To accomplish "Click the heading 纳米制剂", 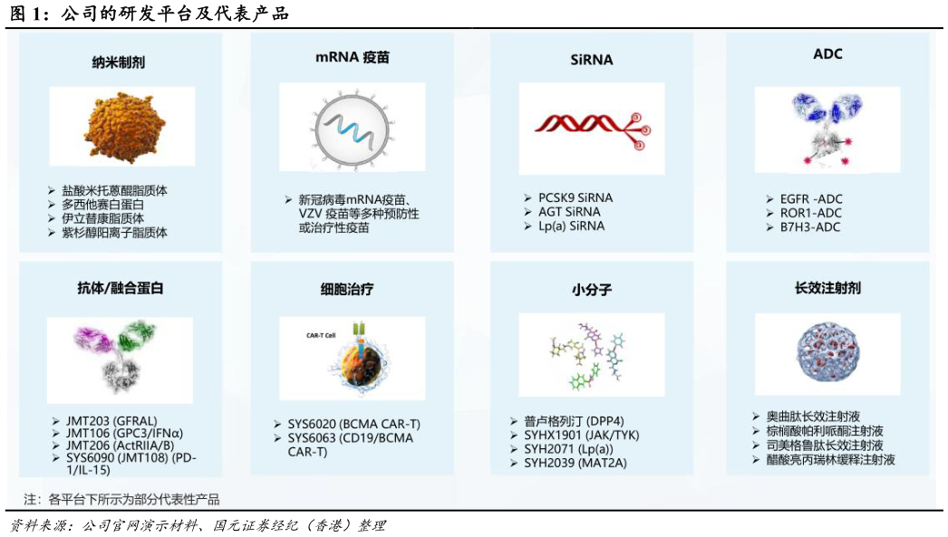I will [x=119, y=62].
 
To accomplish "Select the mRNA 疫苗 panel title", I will [x=352, y=57].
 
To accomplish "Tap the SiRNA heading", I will [x=592, y=60].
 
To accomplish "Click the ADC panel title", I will [x=827, y=54].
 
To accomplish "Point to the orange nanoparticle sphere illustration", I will [x=123, y=127].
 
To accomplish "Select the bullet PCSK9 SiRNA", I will [x=575, y=197].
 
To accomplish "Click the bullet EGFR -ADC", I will [x=810, y=198].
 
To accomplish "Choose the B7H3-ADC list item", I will [x=809, y=227].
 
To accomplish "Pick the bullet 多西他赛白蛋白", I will [x=102, y=205].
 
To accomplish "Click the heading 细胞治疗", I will [x=347, y=290].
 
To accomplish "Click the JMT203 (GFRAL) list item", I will [x=111, y=421].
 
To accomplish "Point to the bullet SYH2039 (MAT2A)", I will [x=575, y=463].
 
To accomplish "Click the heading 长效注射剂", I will [x=827, y=288].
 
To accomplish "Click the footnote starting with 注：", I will [x=121, y=499].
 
